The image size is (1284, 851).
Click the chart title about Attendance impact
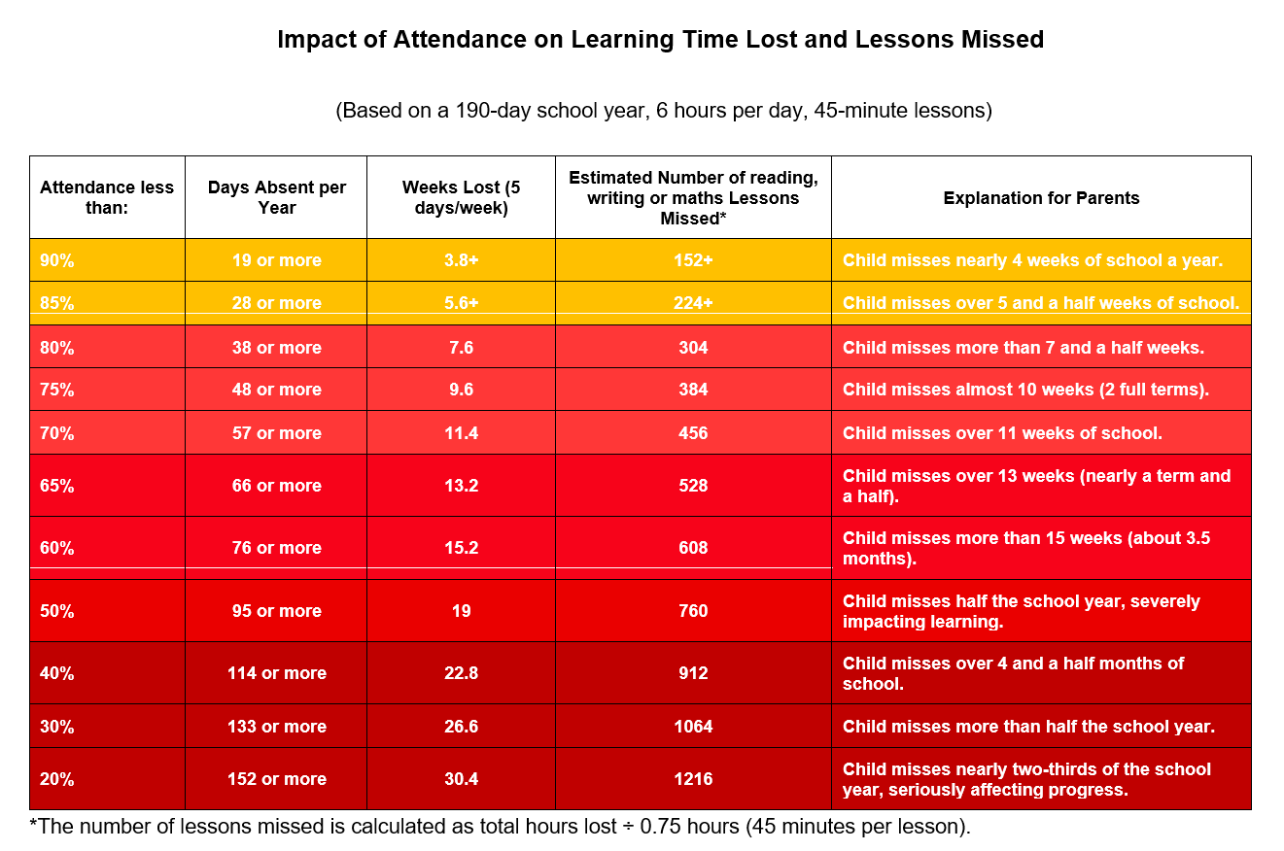(660, 40)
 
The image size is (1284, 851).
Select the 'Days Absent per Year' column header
(276, 197)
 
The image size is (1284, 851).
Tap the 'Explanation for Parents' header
(1041, 198)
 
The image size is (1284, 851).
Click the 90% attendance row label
(56, 260)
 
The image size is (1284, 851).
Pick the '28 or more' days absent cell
(276, 303)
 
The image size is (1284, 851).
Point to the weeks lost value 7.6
(461, 348)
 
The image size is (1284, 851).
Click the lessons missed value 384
(693, 390)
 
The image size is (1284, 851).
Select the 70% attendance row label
(56, 433)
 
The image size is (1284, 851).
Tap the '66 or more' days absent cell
(276, 486)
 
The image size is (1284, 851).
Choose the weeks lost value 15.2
(461, 548)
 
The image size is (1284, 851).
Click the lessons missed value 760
(693, 611)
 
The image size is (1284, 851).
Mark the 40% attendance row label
(56, 673)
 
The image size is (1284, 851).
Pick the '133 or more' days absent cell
(276, 727)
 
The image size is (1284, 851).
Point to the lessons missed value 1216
(693, 779)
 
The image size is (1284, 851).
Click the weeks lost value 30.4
(461, 779)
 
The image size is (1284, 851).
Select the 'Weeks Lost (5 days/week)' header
(461, 197)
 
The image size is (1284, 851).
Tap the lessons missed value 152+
(693, 260)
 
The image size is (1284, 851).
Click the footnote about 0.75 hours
(500, 828)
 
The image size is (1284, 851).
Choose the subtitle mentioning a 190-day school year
(663, 111)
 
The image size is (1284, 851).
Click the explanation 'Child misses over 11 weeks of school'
(1002, 433)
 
